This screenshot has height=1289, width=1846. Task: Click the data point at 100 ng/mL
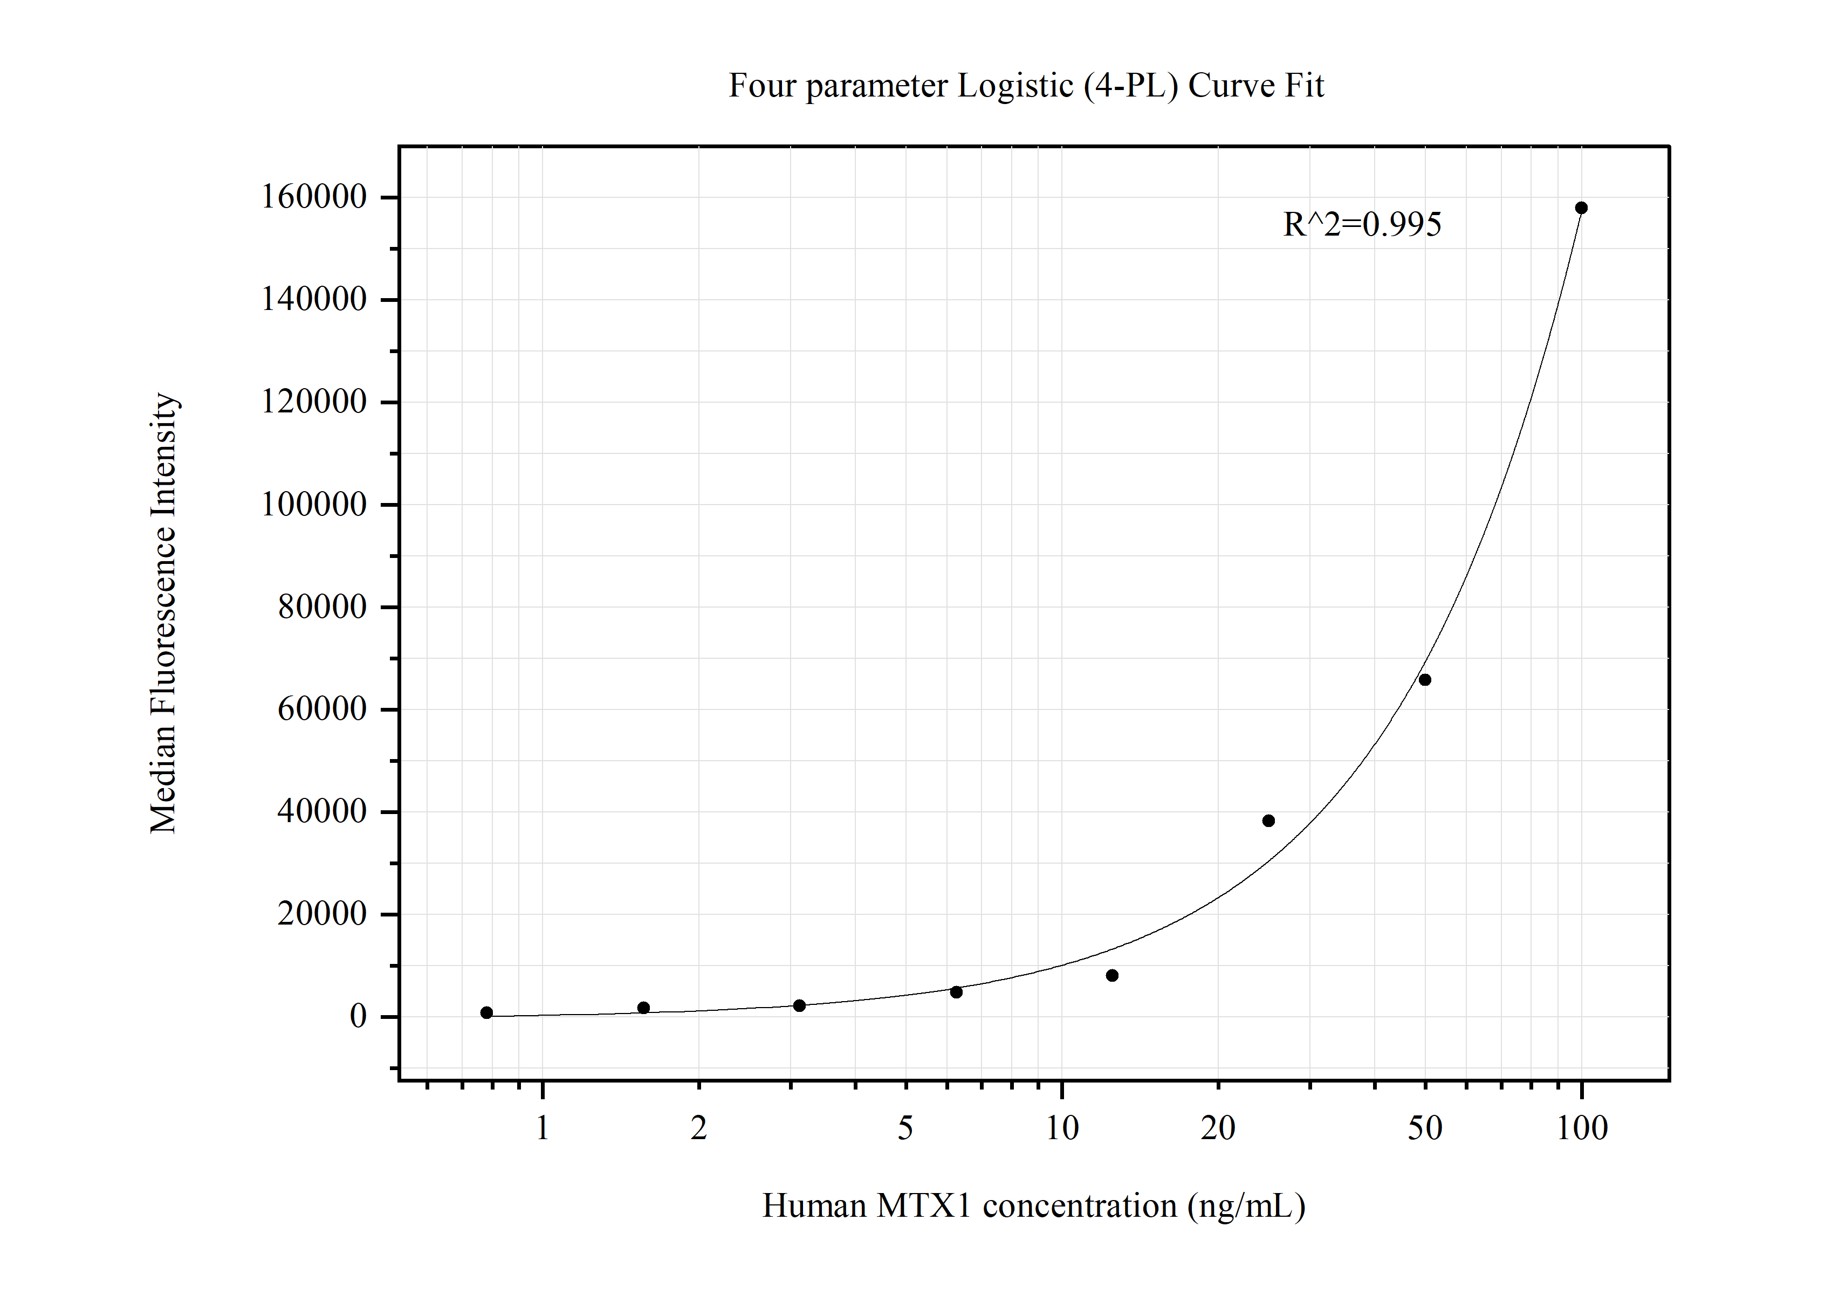point(1581,208)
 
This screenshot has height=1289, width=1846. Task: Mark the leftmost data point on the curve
point(486,1012)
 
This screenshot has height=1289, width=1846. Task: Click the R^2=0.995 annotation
point(1362,224)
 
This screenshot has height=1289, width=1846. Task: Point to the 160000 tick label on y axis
point(313,197)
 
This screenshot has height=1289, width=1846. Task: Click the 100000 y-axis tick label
point(313,505)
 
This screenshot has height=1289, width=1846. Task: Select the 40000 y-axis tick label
point(321,812)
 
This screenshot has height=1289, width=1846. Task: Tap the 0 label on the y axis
point(358,1017)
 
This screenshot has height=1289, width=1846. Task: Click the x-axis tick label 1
point(543,1128)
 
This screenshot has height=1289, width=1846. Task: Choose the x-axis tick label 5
point(905,1128)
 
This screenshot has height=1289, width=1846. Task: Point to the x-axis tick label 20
point(1217,1128)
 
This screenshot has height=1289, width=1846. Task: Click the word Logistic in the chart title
point(1014,86)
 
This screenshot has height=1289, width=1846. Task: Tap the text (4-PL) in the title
point(1130,86)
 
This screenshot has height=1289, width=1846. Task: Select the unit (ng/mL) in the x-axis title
point(1246,1205)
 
